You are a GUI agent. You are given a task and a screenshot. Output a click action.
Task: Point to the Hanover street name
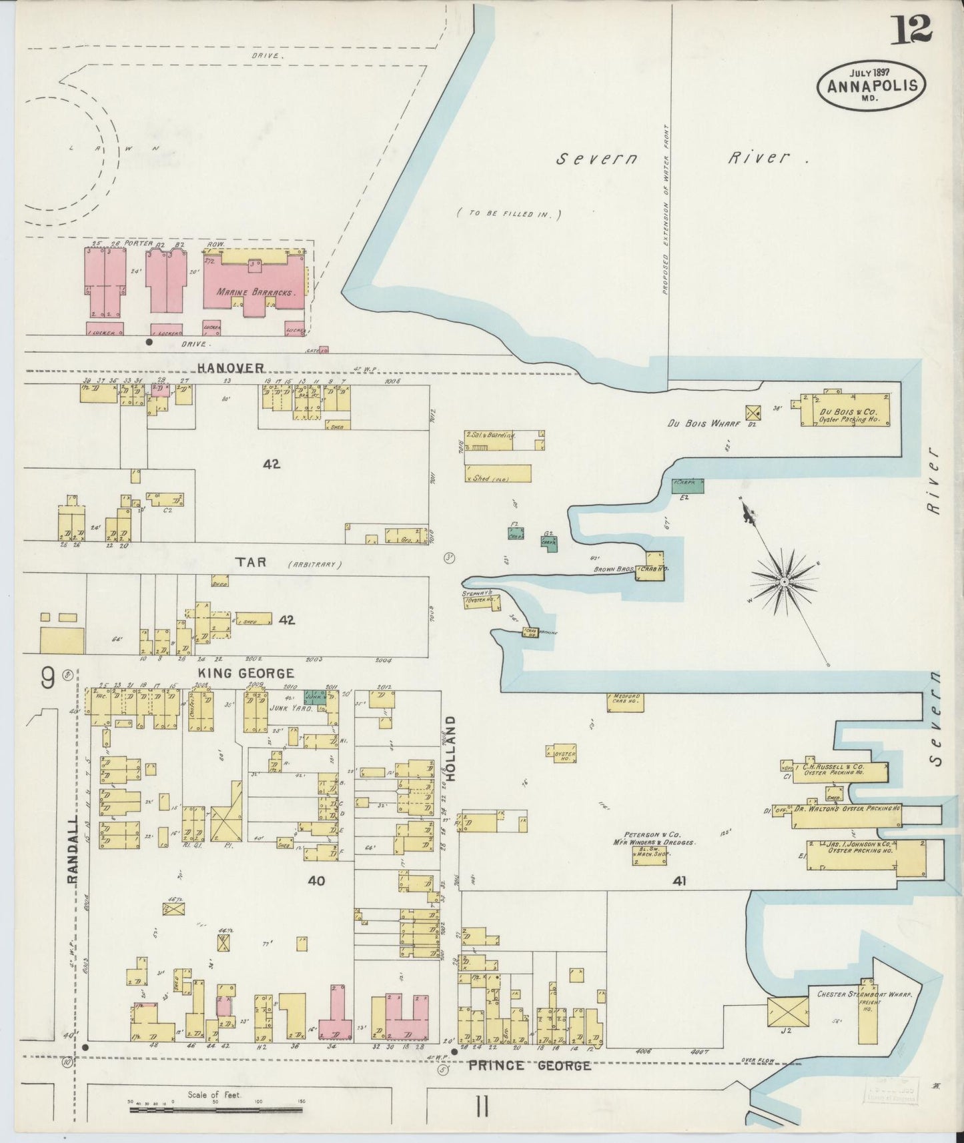pos(231,368)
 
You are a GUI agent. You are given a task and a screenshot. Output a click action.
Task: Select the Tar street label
pos(250,563)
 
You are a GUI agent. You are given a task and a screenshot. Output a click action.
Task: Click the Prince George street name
pos(529,1066)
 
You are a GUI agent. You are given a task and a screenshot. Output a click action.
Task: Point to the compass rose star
pos(785,582)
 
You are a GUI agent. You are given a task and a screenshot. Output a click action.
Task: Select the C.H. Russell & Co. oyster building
pos(842,772)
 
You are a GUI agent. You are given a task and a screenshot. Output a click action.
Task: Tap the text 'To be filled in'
pos(510,215)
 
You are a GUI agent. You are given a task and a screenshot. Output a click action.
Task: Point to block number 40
pos(316,881)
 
